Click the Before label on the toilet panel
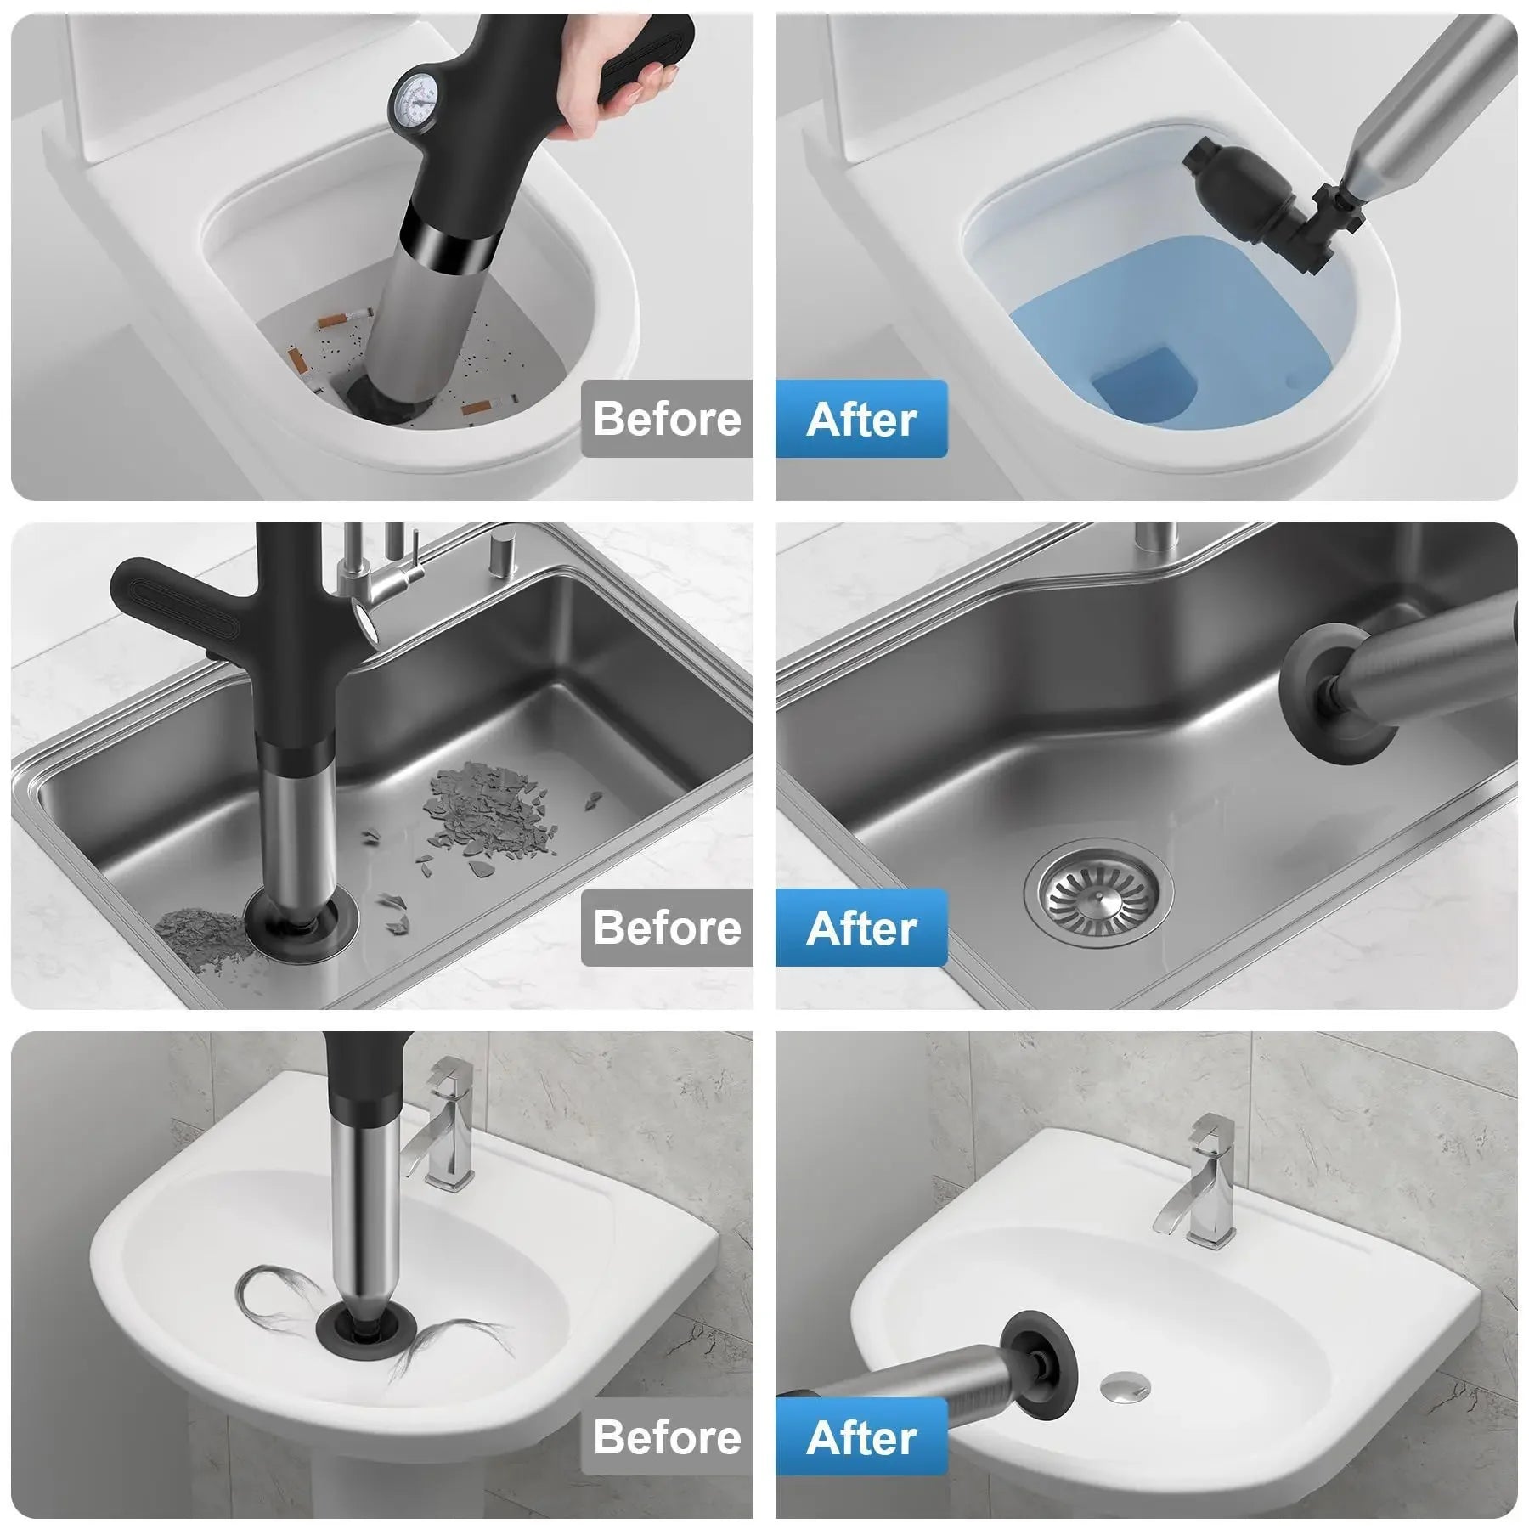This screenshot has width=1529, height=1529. click(x=667, y=419)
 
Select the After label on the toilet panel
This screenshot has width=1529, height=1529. click(x=861, y=420)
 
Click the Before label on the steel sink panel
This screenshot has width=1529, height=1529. click(x=667, y=927)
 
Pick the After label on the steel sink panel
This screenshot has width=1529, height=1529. click(x=861, y=928)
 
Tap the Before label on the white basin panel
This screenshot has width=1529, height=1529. click(x=667, y=1436)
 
